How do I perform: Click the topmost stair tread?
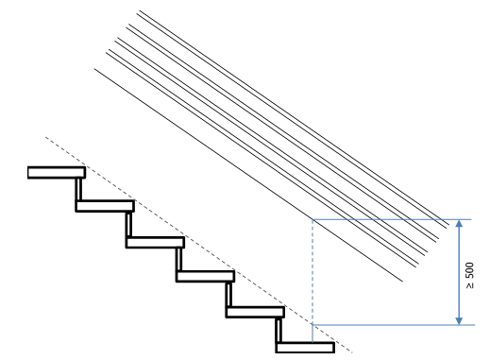[56, 172]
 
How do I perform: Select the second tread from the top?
[105, 206]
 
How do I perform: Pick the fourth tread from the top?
[204, 277]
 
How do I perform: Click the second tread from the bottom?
[255, 312]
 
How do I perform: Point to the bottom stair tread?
[305, 347]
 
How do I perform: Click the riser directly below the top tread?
[77, 189]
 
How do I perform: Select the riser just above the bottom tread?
[279, 329]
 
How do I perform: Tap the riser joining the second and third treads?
[127, 224]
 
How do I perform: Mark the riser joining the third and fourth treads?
[177, 259]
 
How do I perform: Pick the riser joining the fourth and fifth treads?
[228, 294]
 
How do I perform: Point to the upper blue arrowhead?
[459, 225]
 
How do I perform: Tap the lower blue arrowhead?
[459, 319]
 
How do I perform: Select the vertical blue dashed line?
[313, 274]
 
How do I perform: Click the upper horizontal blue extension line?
[387, 219]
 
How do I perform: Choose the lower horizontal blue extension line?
[387, 325]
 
